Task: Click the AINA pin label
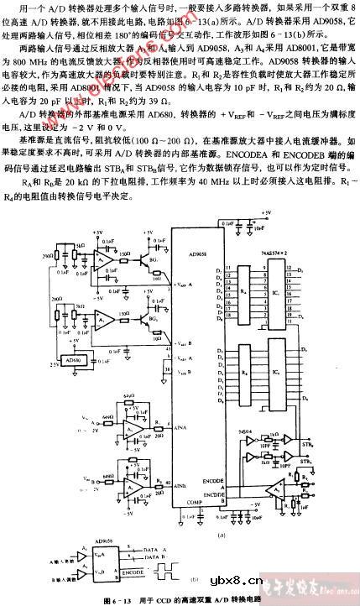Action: [180, 427]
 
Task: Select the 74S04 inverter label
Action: [246, 430]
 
